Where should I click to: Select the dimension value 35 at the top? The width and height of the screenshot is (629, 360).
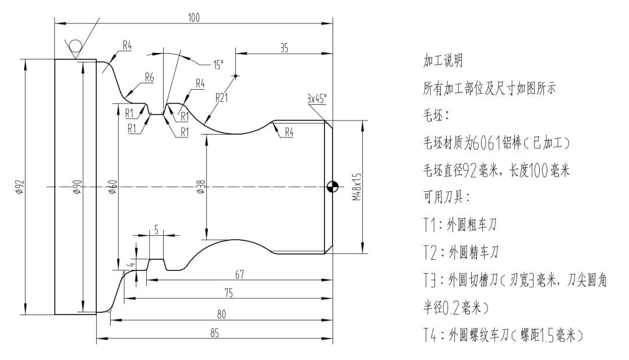(284, 50)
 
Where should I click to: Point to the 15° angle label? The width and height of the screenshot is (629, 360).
(218, 66)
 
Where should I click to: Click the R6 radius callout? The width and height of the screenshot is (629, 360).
(149, 77)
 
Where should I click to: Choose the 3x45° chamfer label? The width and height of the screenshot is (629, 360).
(316, 100)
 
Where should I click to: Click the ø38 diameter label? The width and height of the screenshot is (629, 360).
(202, 187)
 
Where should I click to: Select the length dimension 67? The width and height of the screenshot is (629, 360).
(239, 274)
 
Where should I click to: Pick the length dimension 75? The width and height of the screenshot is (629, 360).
(228, 294)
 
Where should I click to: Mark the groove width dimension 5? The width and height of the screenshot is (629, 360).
(156, 230)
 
